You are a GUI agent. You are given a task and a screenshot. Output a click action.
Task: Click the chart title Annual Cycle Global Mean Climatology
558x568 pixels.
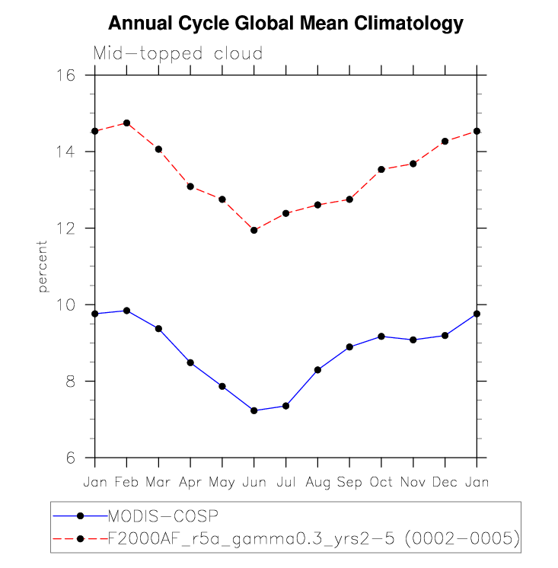[285, 24]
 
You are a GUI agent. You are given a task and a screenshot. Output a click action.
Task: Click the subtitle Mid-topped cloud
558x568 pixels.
[178, 53]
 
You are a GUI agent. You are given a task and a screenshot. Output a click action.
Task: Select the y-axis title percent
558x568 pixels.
[43, 266]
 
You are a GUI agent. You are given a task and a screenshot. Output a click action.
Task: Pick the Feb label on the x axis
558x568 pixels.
[126, 482]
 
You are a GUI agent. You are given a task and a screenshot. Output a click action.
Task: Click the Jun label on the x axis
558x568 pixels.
[253, 482]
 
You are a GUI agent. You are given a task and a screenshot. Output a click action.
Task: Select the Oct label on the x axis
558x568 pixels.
[381, 482]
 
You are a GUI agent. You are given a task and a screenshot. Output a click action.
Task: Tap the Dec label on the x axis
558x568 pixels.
[445, 482]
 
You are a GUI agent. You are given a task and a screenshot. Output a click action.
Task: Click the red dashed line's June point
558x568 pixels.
[254, 230]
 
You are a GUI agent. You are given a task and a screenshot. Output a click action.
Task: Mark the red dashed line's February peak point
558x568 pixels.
[126, 123]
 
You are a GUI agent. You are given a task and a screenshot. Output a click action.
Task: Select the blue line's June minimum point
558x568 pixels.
[254, 410]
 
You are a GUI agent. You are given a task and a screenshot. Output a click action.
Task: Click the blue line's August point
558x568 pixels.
[317, 370]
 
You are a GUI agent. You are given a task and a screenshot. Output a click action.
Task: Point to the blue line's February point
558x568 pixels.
[126, 311]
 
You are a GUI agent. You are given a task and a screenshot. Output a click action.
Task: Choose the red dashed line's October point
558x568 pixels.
[381, 169]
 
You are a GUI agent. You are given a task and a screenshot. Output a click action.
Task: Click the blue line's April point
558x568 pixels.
[190, 362]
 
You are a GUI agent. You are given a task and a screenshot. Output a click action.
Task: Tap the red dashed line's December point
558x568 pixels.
[445, 142]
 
